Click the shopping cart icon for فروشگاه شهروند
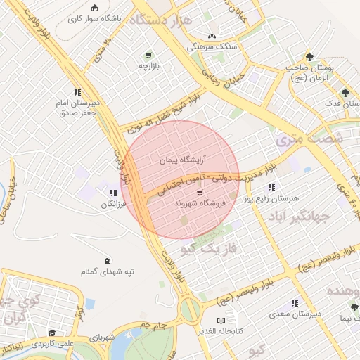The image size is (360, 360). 199,193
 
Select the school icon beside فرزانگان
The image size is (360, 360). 112,193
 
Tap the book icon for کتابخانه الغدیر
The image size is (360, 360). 220,320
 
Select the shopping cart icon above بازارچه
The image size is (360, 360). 148,56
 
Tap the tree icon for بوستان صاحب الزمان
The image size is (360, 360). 309,57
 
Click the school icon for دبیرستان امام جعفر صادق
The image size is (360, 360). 77,92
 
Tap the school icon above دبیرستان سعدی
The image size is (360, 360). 296,304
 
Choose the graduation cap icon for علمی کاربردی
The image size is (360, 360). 51,333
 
